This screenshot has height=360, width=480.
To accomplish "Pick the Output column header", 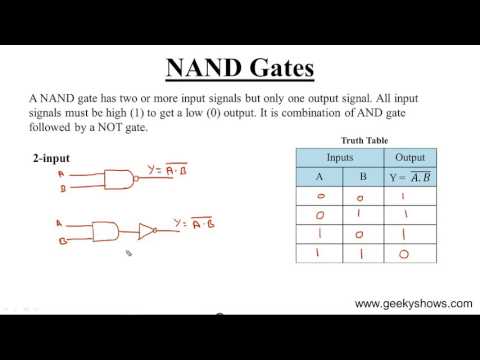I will coord(410,157).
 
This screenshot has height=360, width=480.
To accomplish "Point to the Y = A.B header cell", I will coord(410,179).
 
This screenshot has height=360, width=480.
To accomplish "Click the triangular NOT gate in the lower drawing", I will coord(145,231).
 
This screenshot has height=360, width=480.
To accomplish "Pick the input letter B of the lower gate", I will coord(62,240).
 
